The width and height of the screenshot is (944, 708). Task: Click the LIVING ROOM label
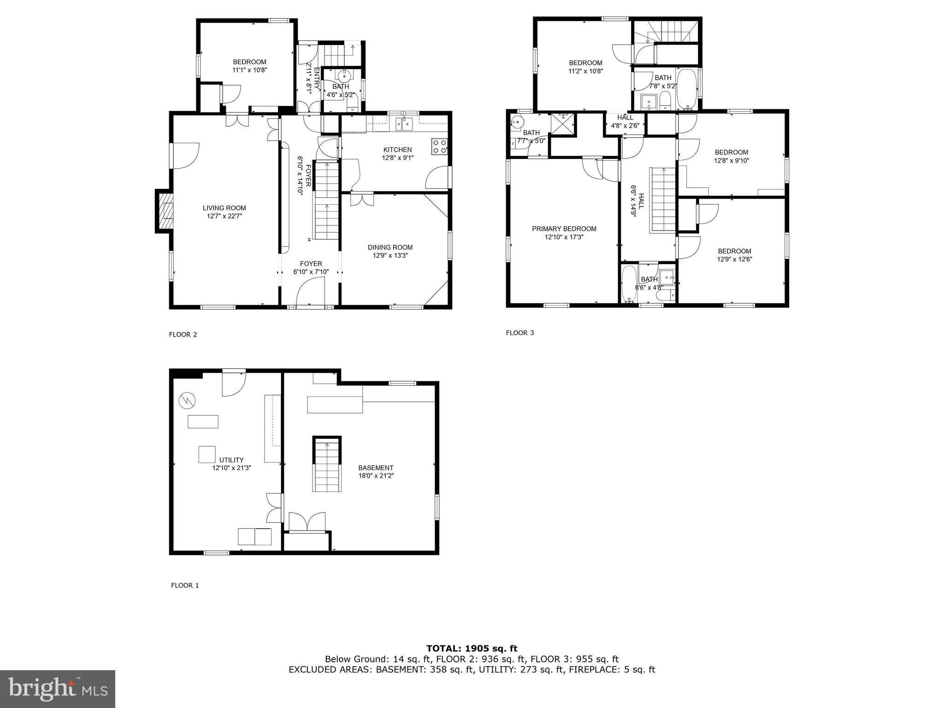224,208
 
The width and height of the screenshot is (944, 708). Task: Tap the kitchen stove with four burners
439,146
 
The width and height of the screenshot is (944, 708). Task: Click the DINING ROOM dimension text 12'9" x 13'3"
390,255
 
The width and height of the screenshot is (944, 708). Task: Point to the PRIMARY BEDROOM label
564,229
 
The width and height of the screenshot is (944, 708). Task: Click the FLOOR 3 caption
519,333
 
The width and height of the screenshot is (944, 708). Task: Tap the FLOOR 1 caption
185,585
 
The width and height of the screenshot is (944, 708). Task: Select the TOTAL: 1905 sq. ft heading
472,649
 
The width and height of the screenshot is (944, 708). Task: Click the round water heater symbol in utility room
187,400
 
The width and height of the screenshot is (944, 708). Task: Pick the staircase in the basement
327,465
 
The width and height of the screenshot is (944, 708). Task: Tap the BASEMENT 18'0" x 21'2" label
376,472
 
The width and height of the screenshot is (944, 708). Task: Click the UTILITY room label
231,460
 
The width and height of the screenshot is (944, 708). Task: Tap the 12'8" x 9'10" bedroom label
731,156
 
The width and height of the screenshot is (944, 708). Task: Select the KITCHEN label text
397,150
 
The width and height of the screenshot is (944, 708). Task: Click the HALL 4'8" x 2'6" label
625,121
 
